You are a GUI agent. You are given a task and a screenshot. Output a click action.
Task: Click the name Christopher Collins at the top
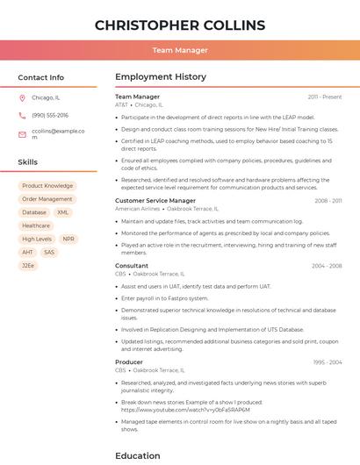[179, 24]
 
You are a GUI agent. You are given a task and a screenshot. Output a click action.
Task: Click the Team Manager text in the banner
[179, 50]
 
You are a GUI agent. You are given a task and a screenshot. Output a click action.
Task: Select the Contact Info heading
[40, 77]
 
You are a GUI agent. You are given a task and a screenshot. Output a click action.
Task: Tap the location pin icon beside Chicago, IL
[22, 97]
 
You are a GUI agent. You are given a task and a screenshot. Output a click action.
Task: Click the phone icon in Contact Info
[22, 115]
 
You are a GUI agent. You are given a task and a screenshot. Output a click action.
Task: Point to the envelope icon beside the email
[22, 134]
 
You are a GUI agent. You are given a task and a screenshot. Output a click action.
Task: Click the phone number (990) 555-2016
[50, 115]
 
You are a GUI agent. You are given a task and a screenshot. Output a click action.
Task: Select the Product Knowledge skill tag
[47, 186]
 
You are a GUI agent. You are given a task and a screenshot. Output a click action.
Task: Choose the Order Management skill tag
[47, 199]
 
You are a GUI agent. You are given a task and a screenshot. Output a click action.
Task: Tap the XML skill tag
[63, 212]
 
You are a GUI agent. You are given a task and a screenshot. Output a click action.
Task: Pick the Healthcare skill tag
[36, 225]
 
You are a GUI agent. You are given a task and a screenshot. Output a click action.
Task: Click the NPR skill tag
[68, 239]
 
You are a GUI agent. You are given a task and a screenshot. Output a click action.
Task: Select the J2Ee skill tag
[28, 265]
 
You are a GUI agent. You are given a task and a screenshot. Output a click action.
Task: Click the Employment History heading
[160, 77]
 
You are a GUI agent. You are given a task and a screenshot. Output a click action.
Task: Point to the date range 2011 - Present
[325, 97]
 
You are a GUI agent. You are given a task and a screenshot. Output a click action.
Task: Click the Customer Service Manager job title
[155, 201]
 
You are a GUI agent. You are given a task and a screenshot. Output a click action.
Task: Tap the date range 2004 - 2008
[327, 266]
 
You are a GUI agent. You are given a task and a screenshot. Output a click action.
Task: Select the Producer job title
[129, 361]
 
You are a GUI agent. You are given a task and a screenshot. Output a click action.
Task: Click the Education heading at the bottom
[138, 455]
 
